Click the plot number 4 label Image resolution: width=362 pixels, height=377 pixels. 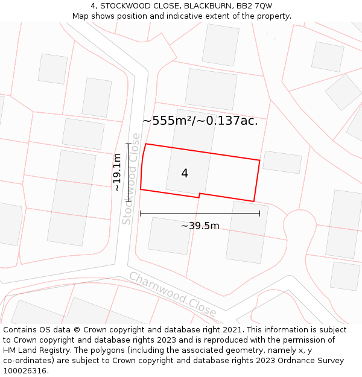click(185, 174)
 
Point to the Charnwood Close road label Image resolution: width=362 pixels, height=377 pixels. click(173, 294)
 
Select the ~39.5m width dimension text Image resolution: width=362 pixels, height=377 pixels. click(200, 226)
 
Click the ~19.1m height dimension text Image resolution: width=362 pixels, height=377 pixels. click(117, 173)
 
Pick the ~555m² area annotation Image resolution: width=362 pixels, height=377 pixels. click(200, 121)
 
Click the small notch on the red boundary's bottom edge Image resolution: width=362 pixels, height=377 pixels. click(200, 195)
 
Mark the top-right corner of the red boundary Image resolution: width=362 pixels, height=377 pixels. click(260, 160)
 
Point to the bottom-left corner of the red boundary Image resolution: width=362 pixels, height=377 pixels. click(141, 189)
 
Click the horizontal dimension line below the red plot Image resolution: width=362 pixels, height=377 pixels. click(200, 213)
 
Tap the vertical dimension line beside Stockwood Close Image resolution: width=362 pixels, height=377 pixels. click(129, 172)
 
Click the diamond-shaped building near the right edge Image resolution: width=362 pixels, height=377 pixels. click(343, 92)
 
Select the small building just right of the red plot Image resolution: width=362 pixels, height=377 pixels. click(282, 162)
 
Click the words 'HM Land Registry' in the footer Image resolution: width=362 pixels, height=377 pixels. click(33, 350)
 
